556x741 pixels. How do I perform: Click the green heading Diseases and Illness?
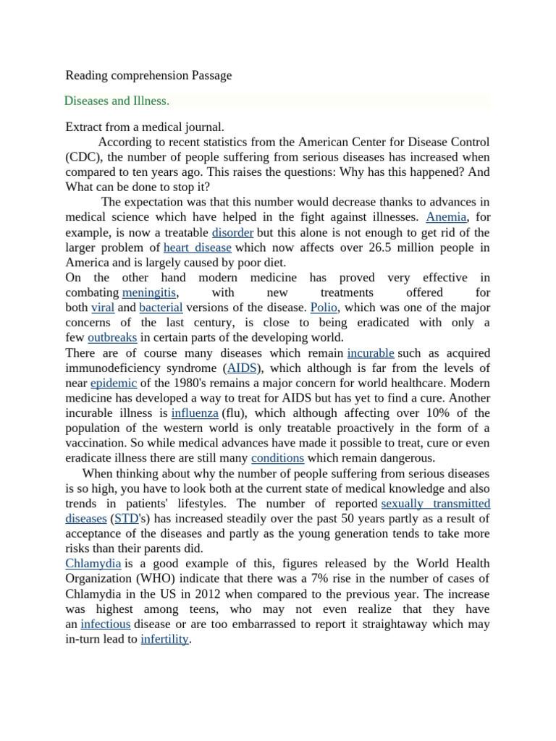(x=117, y=101)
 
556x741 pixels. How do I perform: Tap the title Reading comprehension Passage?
(x=148, y=75)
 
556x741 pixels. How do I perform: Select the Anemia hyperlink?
(x=447, y=217)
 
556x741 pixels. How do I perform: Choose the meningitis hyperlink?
(x=150, y=292)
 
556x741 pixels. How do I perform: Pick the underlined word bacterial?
(x=160, y=308)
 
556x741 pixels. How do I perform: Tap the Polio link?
(x=324, y=308)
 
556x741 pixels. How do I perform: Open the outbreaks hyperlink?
(x=112, y=338)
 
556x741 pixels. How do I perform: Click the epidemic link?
(x=114, y=383)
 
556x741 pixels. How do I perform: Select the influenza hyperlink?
(x=195, y=413)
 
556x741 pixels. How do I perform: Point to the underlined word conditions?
(x=277, y=458)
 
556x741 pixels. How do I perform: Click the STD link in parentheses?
(x=126, y=518)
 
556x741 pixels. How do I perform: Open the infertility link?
(x=164, y=639)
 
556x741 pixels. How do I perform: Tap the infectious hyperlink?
(x=106, y=624)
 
